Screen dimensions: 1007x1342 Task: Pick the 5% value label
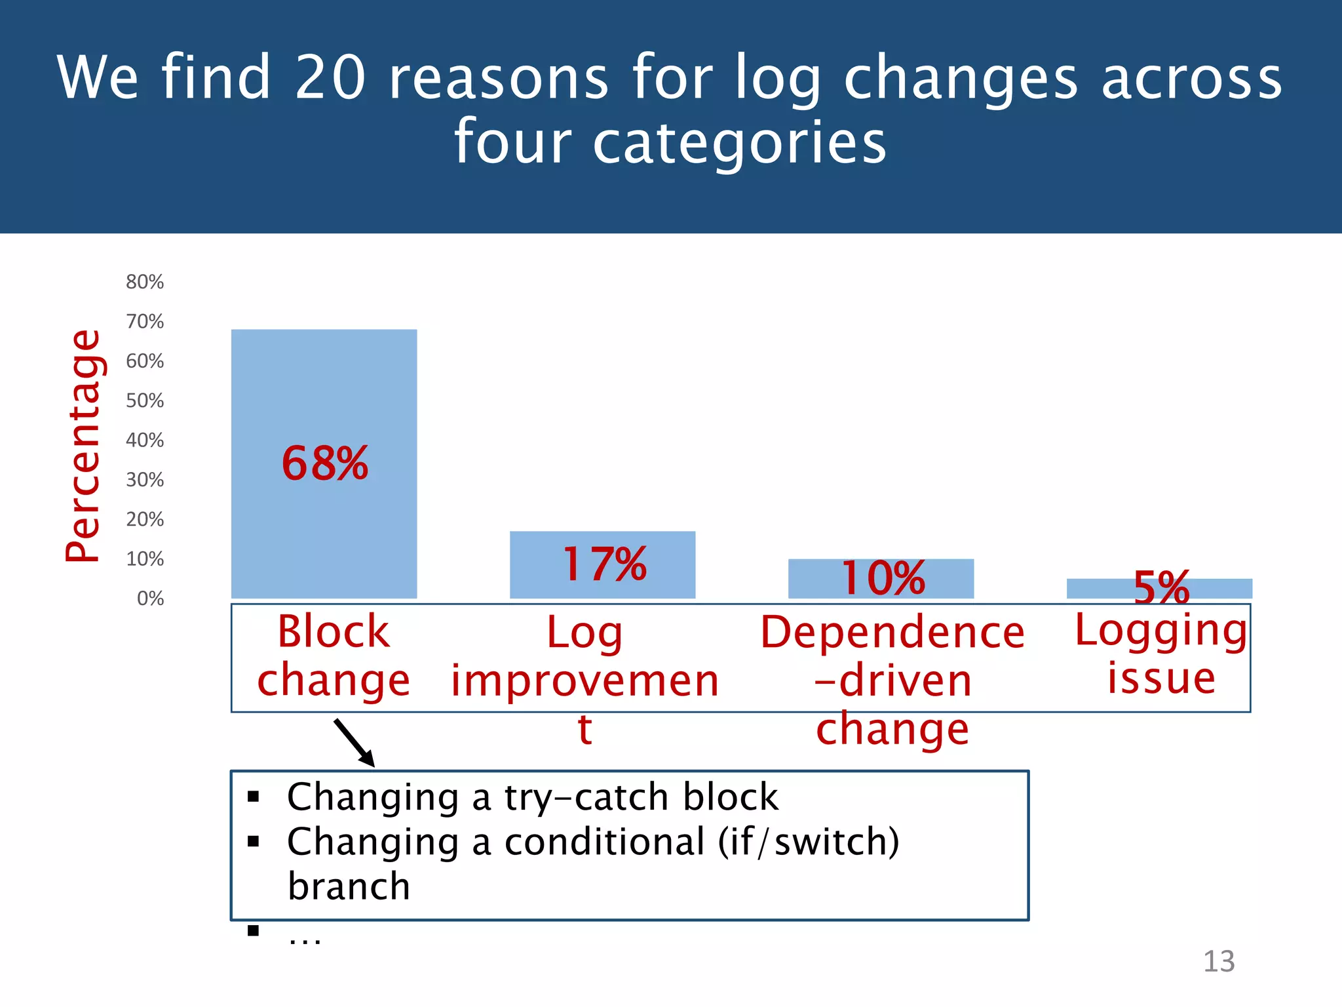[1161, 587]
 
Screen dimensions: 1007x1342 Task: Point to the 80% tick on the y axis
[145, 282]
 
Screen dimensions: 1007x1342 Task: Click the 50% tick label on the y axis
[145, 401]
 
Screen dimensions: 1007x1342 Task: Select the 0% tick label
[150, 599]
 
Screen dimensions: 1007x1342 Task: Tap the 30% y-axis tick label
[145, 480]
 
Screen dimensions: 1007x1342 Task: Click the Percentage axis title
[84, 446]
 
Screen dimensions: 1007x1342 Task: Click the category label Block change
[333, 656]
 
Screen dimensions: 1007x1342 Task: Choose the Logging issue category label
[1160, 654]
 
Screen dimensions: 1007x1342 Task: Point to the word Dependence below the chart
[892, 633]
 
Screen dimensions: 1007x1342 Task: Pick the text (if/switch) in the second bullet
[809, 842]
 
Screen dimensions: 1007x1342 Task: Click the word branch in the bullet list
[349, 886]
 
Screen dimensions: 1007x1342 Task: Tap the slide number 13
[1218, 962]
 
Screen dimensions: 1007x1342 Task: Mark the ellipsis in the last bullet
[305, 939]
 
